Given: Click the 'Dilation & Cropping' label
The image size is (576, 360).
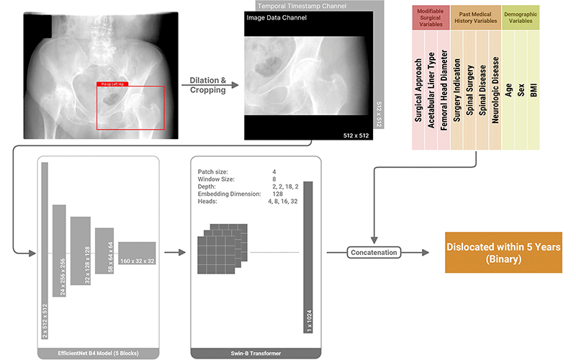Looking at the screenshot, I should point(207,85).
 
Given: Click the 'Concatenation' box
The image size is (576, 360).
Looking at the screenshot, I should point(374,253).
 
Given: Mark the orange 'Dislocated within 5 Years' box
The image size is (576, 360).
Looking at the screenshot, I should point(503,252).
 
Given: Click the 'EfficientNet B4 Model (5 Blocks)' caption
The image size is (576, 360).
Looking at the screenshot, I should point(98,352).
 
